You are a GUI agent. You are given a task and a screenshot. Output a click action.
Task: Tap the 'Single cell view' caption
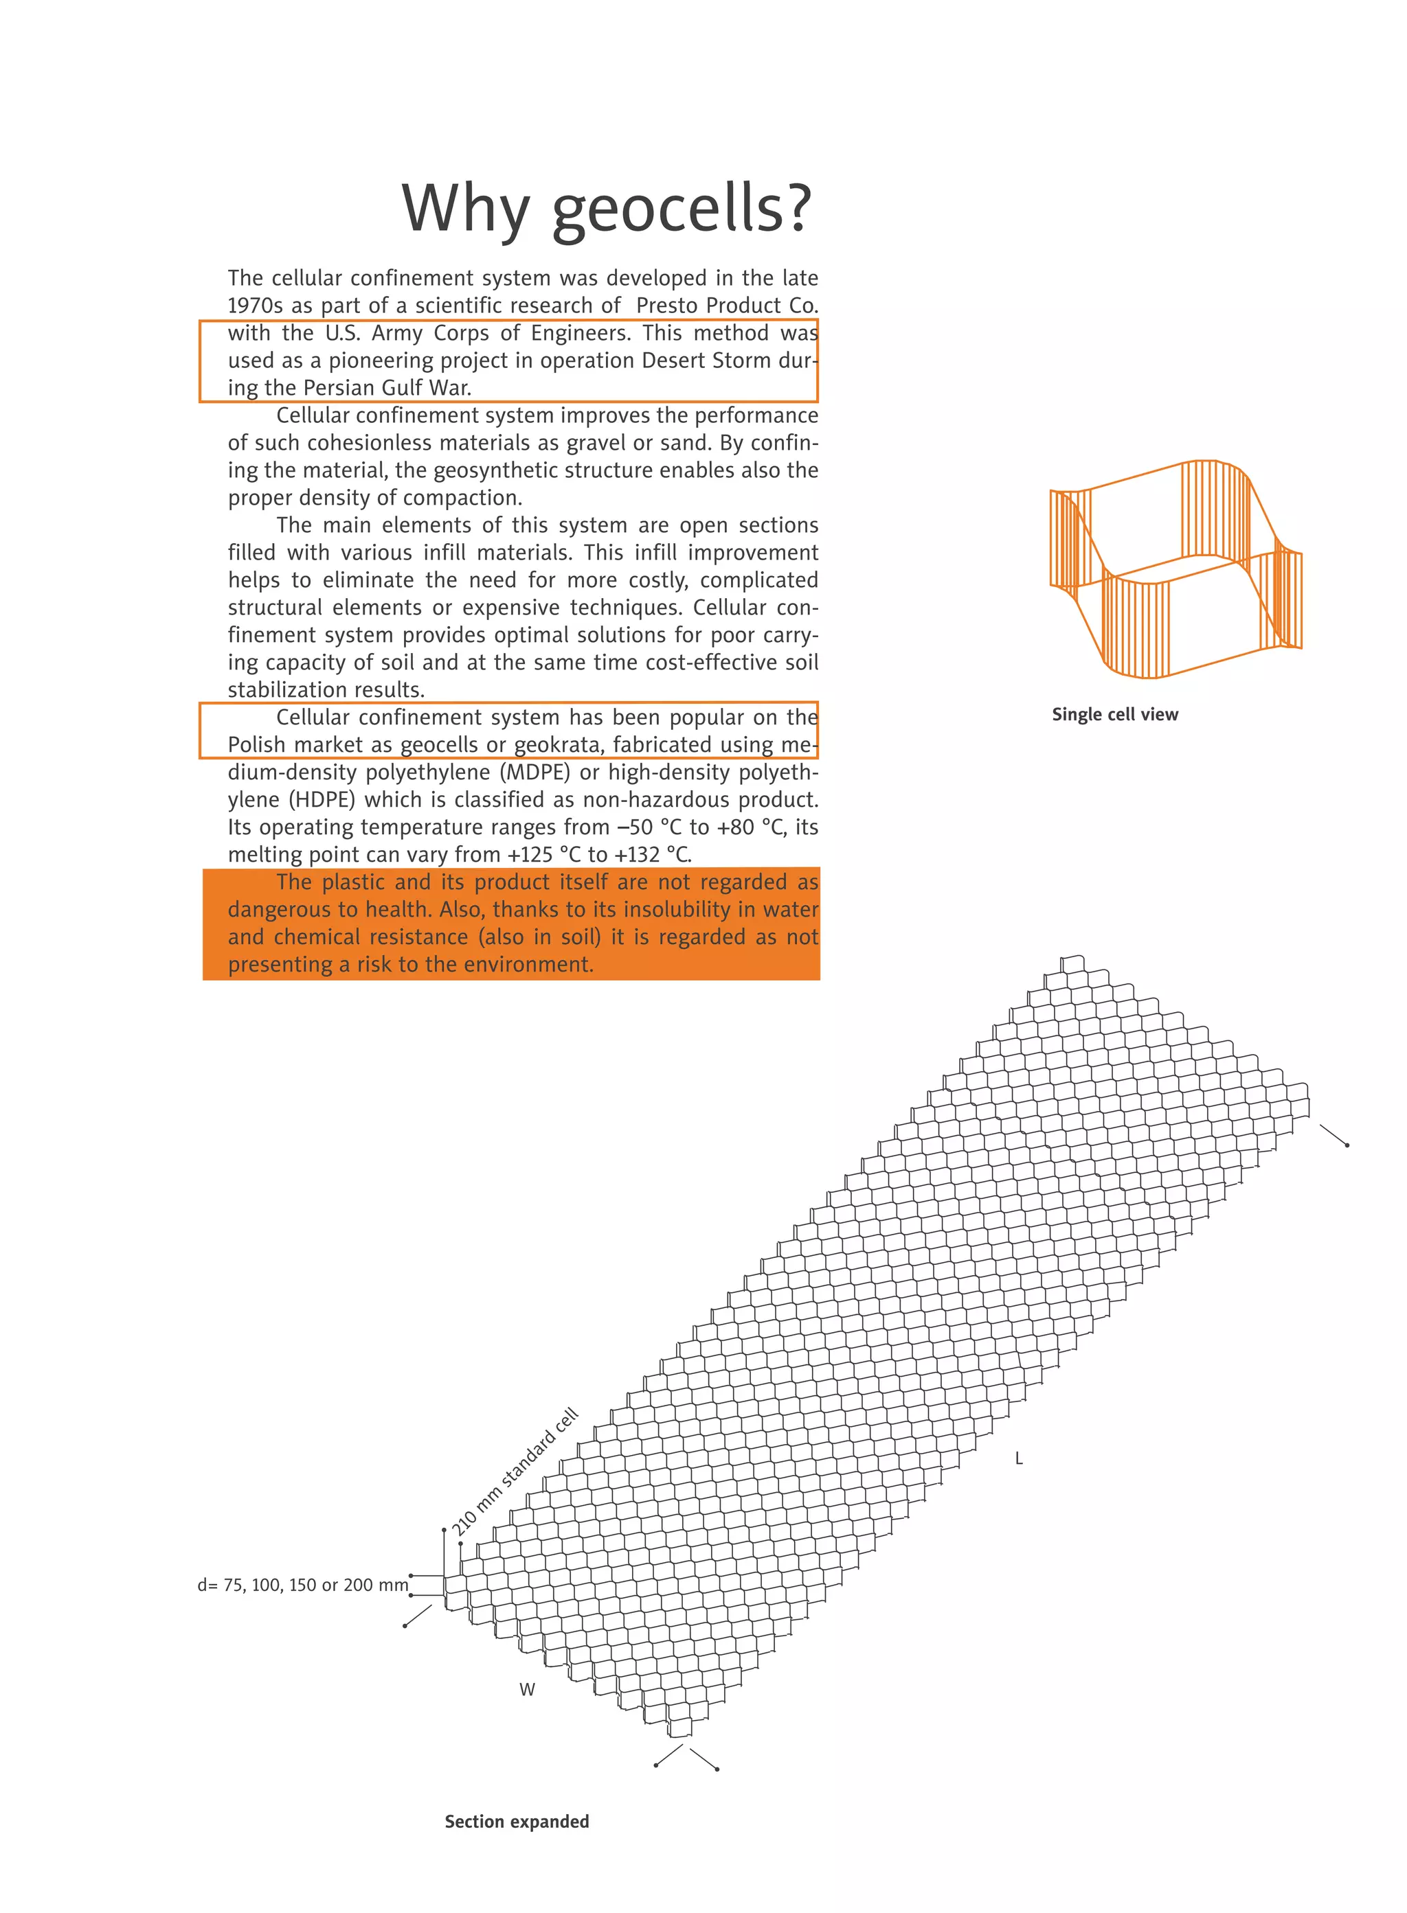[x=1115, y=714]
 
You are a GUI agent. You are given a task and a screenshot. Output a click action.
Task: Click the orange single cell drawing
[x=1175, y=569]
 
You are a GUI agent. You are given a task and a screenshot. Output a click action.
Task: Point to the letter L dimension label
[x=1019, y=1458]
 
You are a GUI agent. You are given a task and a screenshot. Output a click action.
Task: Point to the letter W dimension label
[x=527, y=1689]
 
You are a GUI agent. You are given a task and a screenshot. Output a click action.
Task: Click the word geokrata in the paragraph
[x=557, y=745]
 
